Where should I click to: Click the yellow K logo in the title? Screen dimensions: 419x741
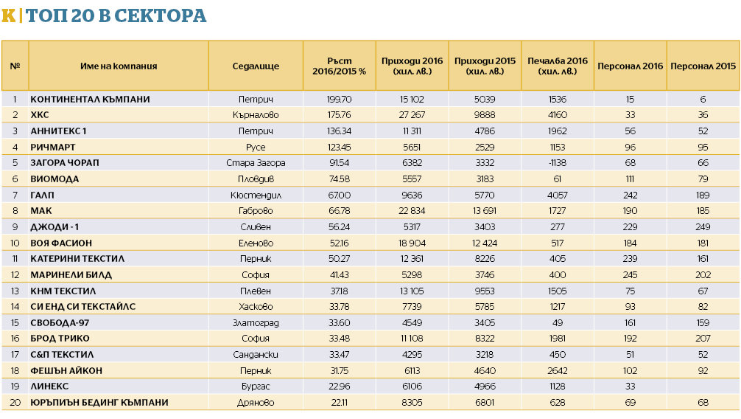tap(8, 15)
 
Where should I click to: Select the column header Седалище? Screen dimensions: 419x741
tap(256, 66)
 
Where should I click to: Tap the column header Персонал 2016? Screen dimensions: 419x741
tap(630, 66)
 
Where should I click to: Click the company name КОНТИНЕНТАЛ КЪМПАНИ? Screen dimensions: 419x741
tap(90, 99)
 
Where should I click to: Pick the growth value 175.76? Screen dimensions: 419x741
tap(339, 115)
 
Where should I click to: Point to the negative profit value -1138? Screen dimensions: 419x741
tap(557, 163)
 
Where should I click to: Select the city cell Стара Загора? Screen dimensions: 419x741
tap(256, 163)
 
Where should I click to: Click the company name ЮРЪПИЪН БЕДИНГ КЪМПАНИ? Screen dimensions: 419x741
tap(99, 403)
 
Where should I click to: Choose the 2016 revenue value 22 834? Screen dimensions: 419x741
tap(412, 211)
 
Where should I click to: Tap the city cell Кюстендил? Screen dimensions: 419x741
tap(256, 195)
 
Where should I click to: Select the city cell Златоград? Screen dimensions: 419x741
tap(256, 323)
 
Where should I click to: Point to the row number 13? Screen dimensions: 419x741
tap(15, 291)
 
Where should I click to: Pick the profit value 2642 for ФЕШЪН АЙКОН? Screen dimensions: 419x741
tap(557, 371)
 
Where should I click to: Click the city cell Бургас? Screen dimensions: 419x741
tap(256, 387)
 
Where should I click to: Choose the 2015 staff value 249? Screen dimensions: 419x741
tap(703, 227)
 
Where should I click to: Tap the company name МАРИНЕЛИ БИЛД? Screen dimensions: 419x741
tap(71, 275)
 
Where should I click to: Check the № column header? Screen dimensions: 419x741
tap(15, 66)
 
